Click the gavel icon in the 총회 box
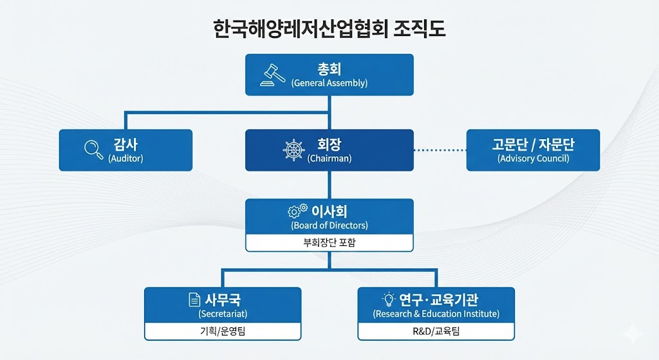tap(273, 75)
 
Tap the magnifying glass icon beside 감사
tap(94, 149)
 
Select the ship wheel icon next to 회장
tap(293, 150)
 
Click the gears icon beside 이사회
tap(297, 211)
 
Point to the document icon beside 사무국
tap(194, 299)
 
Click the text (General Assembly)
tap(329, 83)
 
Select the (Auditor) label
tap(125, 158)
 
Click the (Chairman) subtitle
tap(329, 158)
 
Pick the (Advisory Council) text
tap(534, 158)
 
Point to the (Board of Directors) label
tap(329, 225)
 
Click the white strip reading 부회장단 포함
tap(329, 243)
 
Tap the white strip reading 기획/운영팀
tap(223, 331)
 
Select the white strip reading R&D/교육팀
tap(436, 331)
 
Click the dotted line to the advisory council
tap(440, 150)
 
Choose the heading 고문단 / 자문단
tap(534, 144)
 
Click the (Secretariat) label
tap(223, 314)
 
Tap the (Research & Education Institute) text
tap(436, 314)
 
